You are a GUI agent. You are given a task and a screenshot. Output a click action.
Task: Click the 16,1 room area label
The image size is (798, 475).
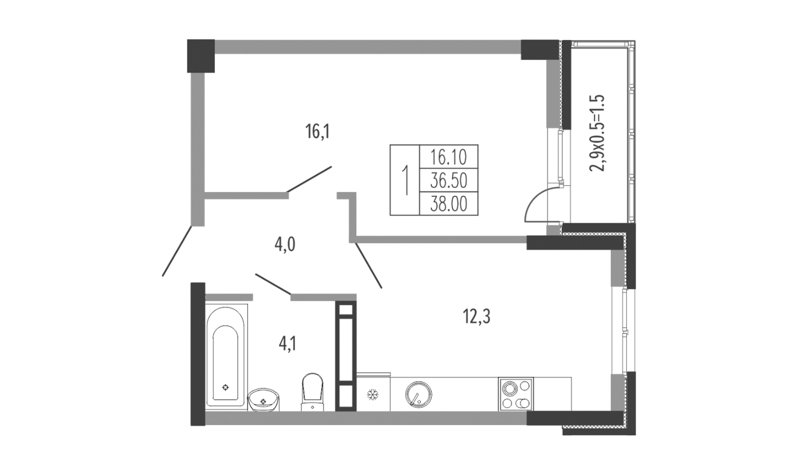coord(317,132)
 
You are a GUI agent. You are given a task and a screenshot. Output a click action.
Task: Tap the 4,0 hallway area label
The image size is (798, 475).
coord(285,245)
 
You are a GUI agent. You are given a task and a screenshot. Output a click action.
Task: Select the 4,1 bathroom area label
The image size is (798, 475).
coord(288,344)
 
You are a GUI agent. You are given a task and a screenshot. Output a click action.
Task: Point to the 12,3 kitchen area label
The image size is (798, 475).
coord(477,316)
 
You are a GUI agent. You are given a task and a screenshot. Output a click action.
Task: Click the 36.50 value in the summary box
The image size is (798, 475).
coord(449,181)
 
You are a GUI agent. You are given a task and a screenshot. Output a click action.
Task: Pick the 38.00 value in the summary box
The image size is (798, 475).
coord(449,204)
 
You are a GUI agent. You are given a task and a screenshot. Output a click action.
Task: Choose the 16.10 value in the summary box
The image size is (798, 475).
coord(449,157)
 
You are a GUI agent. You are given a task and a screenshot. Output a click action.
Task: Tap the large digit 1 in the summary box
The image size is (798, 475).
coord(405,181)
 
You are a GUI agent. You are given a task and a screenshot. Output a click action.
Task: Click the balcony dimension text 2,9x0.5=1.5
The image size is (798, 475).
coord(597,133)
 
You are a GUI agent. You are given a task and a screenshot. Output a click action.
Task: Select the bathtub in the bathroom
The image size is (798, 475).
coord(226,357)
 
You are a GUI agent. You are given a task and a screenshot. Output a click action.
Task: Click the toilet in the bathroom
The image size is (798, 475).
coord(313,392)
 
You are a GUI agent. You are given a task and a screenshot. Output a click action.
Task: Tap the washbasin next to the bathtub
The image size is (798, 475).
coord(264,400)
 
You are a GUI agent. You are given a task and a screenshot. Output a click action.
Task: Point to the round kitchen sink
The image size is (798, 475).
coord(419,394)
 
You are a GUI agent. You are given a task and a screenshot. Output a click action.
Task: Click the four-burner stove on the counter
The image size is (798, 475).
coord(516,394)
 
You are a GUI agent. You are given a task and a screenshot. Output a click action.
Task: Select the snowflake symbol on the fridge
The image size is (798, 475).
coord(373,394)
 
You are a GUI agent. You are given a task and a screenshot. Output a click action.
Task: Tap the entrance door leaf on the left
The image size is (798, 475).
coord(177,251)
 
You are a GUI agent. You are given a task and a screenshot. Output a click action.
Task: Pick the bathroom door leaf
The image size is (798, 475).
coord(273,285)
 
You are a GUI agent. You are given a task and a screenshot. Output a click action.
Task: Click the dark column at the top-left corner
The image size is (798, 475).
coord(201,56)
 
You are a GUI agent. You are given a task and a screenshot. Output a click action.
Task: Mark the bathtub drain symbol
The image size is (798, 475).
coord(225,388)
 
